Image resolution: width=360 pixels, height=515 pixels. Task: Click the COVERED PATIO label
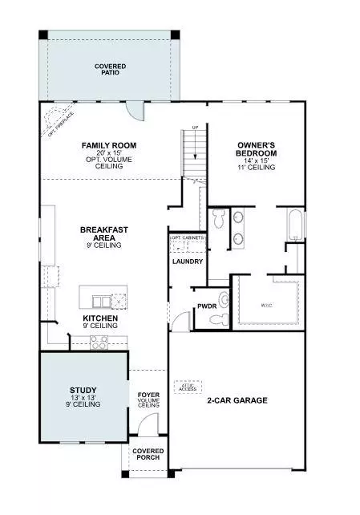[110, 69]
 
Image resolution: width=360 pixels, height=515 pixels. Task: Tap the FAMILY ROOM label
[109, 146]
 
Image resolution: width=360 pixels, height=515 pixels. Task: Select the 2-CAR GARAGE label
[237, 399]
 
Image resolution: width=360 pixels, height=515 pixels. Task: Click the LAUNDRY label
[188, 262]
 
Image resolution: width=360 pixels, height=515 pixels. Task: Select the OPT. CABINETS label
[188, 239]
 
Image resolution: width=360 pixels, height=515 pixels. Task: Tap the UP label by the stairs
[194, 127]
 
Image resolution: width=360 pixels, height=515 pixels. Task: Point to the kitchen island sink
[103, 301]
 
